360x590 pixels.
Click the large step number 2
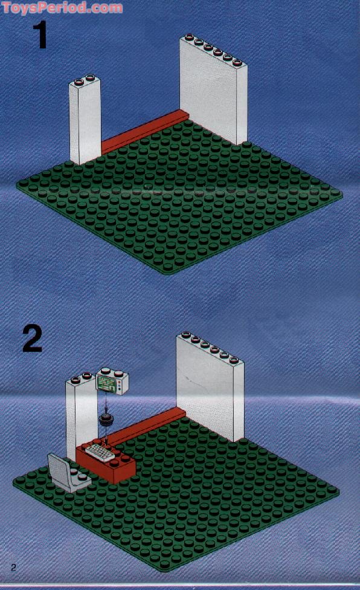[x=33, y=339]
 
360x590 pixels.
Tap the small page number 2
[x=14, y=568]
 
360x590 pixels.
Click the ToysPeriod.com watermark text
[x=62, y=7]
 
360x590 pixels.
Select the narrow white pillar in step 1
[x=85, y=120]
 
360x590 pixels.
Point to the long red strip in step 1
[x=145, y=131]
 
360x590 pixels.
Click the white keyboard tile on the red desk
[x=100, y=451]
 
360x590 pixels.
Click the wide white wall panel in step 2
[x=210, y=387]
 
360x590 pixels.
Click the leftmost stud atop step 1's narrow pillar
[x=79, y=81]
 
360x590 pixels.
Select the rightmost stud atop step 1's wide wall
[x=237, y=62]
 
